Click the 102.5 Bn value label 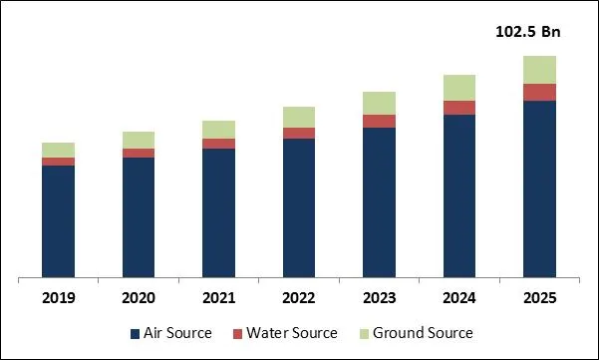tap(528, 32)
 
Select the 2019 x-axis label tap(58, 298)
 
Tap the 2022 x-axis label tap(298, 298)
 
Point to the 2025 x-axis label tap(539, 298)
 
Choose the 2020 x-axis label tap(139, 298)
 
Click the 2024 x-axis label tap(458, 298)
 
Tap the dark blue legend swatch tap(136, 333)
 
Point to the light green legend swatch tap(365, 333)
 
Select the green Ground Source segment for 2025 tap(539, 70)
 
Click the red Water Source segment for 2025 tap(539, 92)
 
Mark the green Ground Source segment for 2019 tap(58, 150)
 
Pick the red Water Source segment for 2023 tap(379, 121)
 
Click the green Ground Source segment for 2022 tap(298, 117)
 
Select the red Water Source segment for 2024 tap(458, 108)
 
